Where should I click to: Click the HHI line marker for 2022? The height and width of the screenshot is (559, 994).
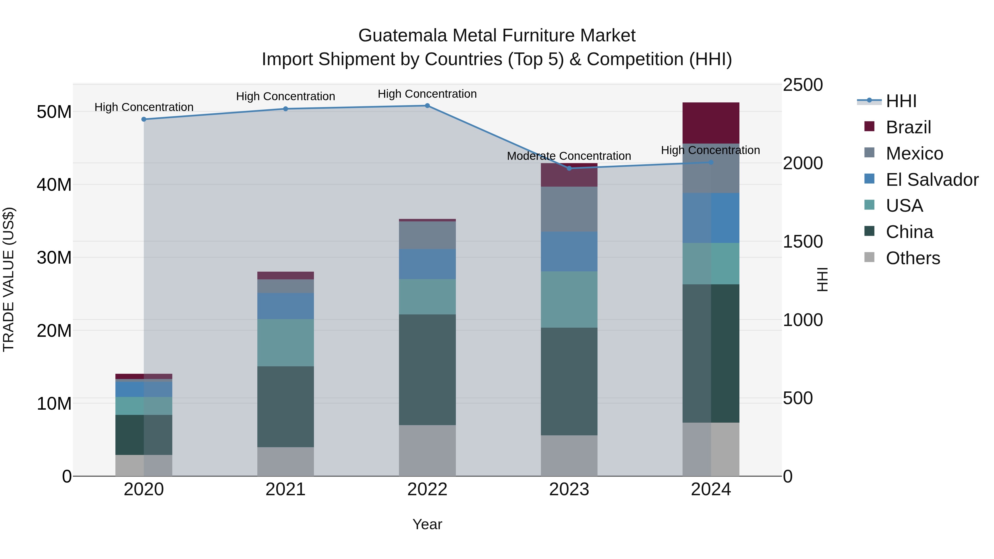[x=427, y=106]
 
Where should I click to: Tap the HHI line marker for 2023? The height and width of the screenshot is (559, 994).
[x=569, y=168]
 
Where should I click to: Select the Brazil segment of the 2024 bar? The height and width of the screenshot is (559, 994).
[x=711, y=123]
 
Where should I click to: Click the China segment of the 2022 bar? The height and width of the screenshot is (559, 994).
[x=427, y=370]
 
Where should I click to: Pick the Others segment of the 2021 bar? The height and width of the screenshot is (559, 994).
[x=285, y=461]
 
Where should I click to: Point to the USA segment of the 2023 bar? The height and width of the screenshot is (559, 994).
[x=569, y=299]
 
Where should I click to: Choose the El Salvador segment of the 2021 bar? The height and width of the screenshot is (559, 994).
[x=285, y=306]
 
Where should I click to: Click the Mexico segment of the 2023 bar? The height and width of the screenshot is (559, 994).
[x=569, y=209]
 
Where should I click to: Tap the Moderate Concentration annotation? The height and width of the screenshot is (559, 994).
[x=569, y=156]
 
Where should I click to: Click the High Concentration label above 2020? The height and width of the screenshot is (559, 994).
[x=144, y=107]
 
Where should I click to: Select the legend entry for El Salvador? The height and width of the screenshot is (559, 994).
[x=932, y=180]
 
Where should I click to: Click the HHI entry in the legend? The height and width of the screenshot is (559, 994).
[x=901, y=101]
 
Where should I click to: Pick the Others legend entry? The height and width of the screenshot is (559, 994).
[x=912, y=258]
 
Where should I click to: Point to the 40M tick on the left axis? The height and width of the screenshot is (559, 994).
[x=54, y=185]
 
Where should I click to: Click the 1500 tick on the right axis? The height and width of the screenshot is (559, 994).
[x=803, y=242]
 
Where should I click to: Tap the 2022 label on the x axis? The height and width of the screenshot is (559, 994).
[x=427, y=489]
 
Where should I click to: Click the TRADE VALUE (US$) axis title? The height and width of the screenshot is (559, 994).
[x=9, y=279]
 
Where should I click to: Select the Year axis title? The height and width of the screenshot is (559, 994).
[x=427, y=524]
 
